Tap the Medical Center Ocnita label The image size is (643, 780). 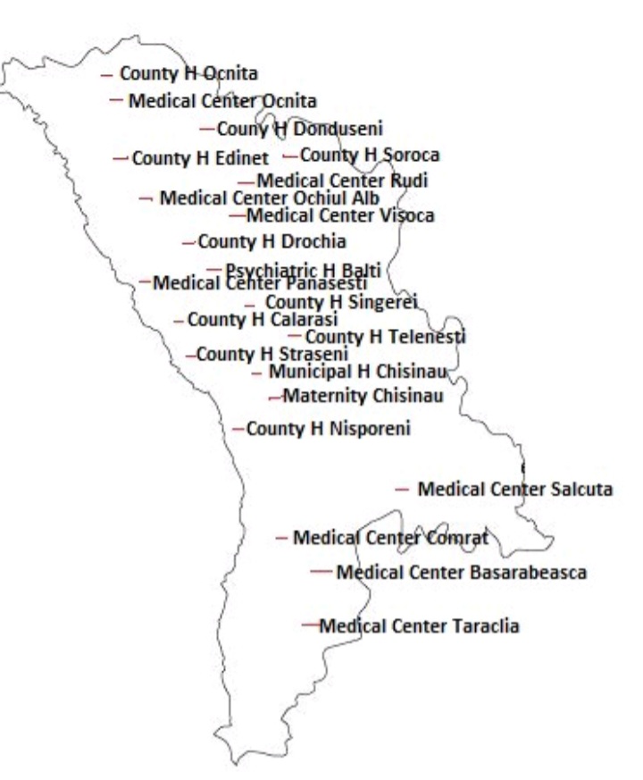(x=222, y=100)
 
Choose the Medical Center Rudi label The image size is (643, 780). (x=342, y=181)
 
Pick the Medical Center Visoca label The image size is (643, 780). (x=340, y=215)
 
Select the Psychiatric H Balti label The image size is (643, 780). (x=304, y=269)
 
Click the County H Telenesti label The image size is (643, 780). (x=386, y=337)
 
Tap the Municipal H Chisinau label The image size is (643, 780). (x=357, y=371)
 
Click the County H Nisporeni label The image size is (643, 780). (x=328, y=430)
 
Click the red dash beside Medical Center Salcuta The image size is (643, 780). (x=402, y=490)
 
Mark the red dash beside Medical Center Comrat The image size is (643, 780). (x=282, y=538)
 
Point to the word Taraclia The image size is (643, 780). (x=484, y=625)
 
